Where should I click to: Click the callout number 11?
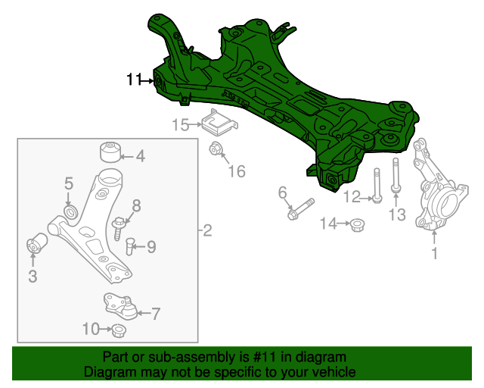pyautogui.click(x=134, y=79)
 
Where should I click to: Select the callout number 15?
pyautogui.click(x=180, y=126)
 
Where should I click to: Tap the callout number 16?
pyautogui.click(x=237, y=171)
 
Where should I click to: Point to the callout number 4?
pyautogui.click(x=140, y=157)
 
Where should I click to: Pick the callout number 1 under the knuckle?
pyautogui.click(x=434, y=254)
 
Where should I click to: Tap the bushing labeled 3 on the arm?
pyautogui.click(x=36, y=246)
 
